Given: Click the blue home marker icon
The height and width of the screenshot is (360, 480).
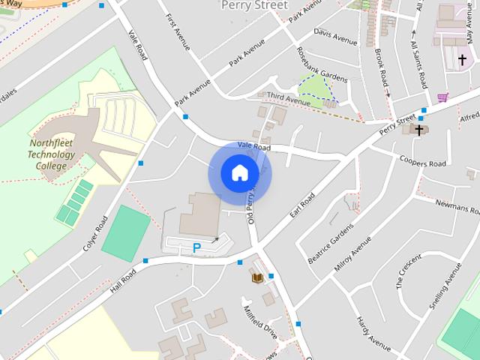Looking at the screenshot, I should pos(239,173).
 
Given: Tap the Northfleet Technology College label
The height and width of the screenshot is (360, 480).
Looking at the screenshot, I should pos(52,154).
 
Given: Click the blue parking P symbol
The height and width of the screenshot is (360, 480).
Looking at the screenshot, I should pos(197,247).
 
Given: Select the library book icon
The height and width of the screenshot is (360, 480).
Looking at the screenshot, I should pos(256,278).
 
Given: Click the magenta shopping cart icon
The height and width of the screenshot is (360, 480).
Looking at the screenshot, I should pos(443,97).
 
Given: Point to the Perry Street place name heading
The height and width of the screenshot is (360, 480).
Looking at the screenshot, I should pos(254,5).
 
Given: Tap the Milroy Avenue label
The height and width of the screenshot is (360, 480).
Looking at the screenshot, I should pos(354,254).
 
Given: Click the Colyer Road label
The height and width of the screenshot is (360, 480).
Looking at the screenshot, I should pos(96,233).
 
